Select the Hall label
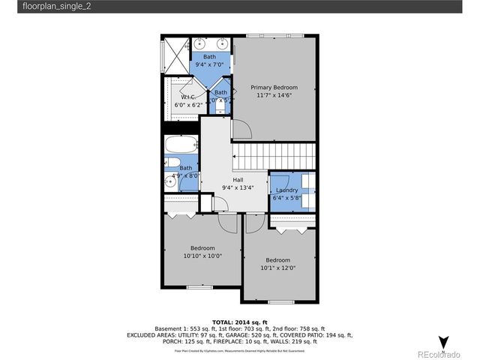coord(238,180)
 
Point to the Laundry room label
coord(287,191)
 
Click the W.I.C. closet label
coord(189,97)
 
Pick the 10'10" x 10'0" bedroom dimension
coord(202,256)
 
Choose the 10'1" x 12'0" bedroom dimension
coord(278,268)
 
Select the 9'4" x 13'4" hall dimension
coord(238,188)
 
